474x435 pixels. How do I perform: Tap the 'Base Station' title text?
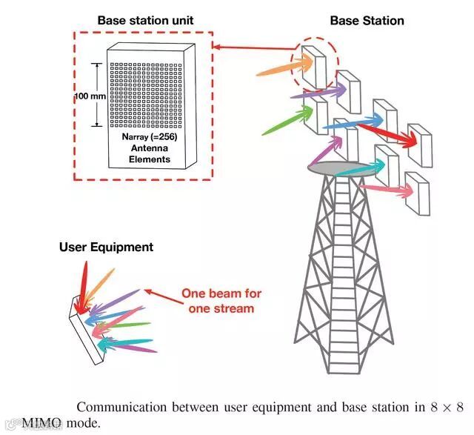point(367,20)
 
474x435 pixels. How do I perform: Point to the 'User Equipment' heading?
point(106,247)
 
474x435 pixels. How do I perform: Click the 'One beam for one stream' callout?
point(221,300)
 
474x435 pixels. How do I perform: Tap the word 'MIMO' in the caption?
point(43,425)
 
